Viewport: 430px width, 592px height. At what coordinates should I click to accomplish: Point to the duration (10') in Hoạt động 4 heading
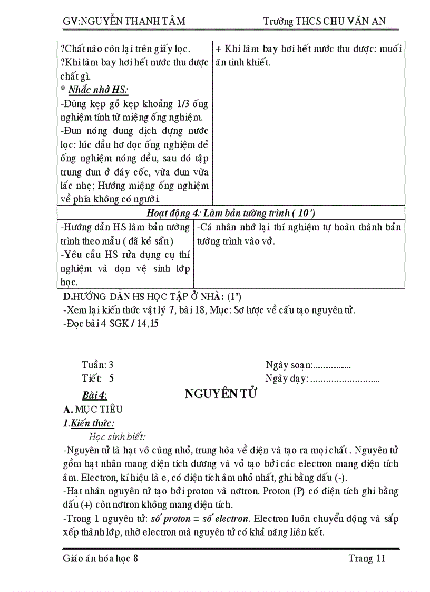click(304, 213)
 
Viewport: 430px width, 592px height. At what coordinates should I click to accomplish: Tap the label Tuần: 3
click(98, 365)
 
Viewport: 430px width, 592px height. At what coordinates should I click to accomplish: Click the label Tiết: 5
click(98, 378)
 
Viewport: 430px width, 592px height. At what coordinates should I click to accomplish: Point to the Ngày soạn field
click(308, 365)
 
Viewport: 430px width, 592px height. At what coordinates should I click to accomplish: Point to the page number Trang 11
click(367, 558)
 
